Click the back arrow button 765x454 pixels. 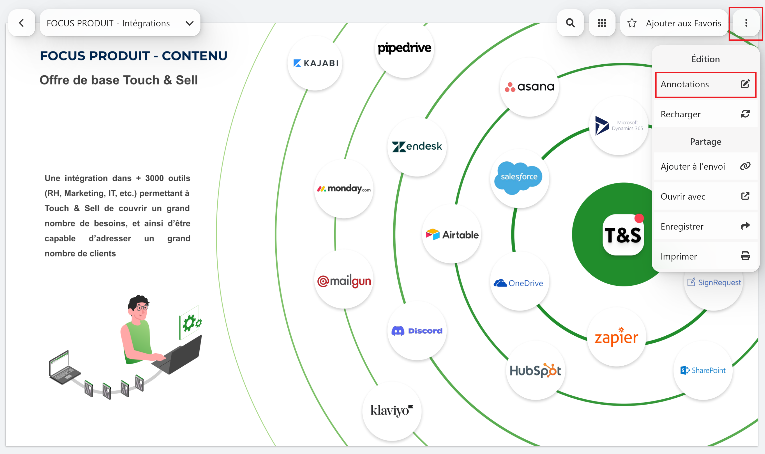tap(22, 23)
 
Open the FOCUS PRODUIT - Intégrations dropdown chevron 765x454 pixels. tap(189, 23)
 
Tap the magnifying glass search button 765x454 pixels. tap(570, 23)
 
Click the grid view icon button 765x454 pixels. tap(602, 23)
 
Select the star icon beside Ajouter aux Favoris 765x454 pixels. tap(632, 23)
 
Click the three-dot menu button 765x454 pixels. tap(746, 23)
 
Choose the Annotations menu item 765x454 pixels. tap(705, 85)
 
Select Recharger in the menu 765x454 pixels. tap(705, 114)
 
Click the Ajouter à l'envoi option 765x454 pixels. tap(705, 167)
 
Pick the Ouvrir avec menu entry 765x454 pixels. tap(705, 197)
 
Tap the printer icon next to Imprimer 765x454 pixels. tap(745, 256)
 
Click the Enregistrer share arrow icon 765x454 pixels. tap(745, 226)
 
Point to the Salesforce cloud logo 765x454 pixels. tap(519, 178)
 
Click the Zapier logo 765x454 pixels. tap(616, 337)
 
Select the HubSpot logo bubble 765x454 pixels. tap(535, 370)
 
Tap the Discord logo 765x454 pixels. tap(417, 331)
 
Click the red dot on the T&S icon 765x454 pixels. tap(639, 218)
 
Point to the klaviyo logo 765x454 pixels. tap(392, 410)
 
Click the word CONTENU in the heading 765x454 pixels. tap(194, 56)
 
